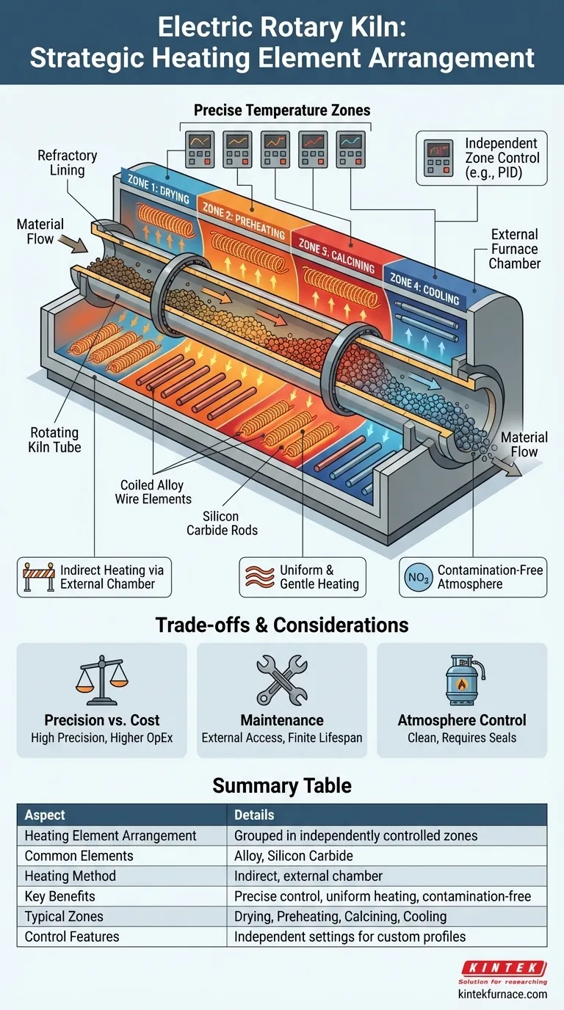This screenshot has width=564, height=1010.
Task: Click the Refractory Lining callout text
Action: pyautogui.click(x=67, y=163)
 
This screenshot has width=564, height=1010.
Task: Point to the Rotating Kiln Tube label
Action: pyautogui.click(x=55, y=440)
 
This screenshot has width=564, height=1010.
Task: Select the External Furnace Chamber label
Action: pyautogui.click(x=514, y=248)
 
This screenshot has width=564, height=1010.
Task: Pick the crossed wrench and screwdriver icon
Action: pyautogui.click(x=282, y=680)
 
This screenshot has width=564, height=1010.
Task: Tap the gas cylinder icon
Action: pyautogui.click(x=462, y=680)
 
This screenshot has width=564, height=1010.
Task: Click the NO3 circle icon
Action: pyautogui.click(x=418, y=577)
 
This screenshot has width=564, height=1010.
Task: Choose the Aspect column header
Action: pyautogui.click(x=46, y=815)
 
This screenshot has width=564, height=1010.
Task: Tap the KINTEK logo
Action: pyautogui.click(x=503, y=969)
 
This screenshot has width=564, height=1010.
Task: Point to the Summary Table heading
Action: pyautogui.click(x=282, y=785)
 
